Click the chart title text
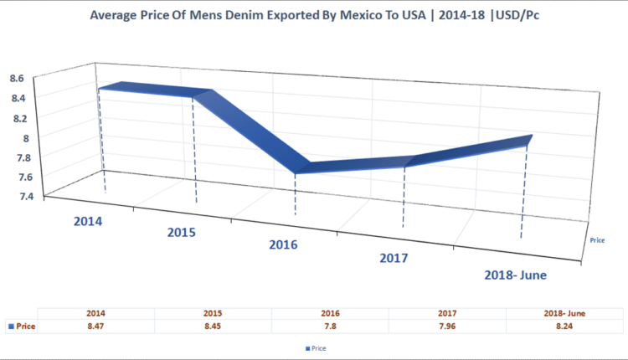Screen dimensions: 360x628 point(313,15)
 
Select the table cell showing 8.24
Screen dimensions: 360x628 point(564,326)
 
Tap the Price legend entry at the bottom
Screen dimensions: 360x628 point(315,346)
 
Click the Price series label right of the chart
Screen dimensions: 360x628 point(597,239)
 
